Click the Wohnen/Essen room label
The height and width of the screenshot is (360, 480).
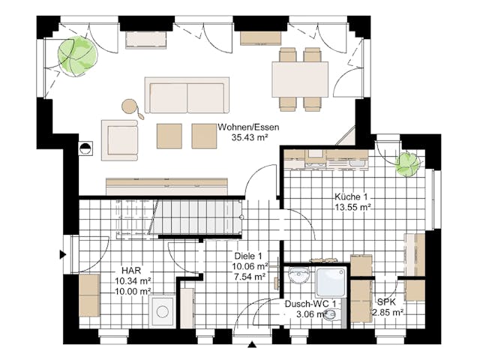[x=248, y=127]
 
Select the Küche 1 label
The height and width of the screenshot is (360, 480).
[x=351, y=196]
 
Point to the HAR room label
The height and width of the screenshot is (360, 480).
[x=131, y=271]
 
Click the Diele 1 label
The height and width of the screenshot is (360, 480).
[x=248, y=256]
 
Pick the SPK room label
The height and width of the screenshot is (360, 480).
[x=386, y=302]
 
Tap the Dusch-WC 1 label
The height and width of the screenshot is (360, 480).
[x=310, y=304]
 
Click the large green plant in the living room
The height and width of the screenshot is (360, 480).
[x=77, y=56]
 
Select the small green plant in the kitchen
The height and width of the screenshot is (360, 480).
[x=407, y=164]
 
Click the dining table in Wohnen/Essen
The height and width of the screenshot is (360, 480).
[x=300, y=79]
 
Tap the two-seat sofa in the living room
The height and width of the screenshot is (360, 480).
[x=187, y=95]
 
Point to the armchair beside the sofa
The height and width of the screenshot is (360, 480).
[x=120, y=140]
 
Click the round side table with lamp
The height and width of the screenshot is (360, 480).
[x=130, y=106]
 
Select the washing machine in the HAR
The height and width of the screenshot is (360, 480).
[x=163, y=312]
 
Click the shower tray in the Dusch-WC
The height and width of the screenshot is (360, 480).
[x=331, y=283]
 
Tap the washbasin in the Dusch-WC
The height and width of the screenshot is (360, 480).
[x=299, y=275]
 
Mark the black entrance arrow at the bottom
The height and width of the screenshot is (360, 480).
[x=252, y=345]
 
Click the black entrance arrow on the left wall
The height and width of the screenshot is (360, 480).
[x=63, y=254]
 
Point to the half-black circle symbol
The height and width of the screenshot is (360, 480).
[x=85, y=148]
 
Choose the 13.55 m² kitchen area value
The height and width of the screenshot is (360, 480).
[x=353, y=207]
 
